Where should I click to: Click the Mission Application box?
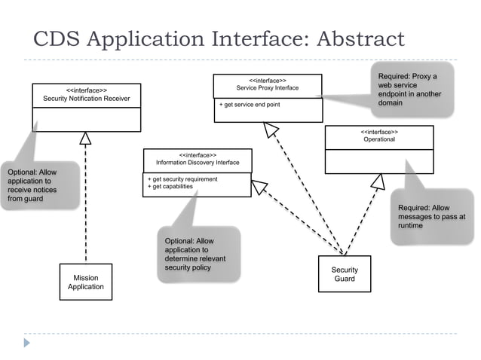86,282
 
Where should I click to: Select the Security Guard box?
345,274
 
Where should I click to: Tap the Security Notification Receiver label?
86,99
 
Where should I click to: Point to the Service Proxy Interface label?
267,88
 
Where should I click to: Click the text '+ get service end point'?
250,105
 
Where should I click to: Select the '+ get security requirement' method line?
182,179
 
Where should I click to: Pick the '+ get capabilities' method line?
170,187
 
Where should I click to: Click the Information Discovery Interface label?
198,162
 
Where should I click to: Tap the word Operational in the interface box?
379,139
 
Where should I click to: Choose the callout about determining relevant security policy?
198,255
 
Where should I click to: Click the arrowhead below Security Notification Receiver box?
86,139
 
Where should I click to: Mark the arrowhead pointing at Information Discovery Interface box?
259,187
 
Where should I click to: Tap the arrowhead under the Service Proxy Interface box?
271,130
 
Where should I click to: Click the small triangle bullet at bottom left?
27,343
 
